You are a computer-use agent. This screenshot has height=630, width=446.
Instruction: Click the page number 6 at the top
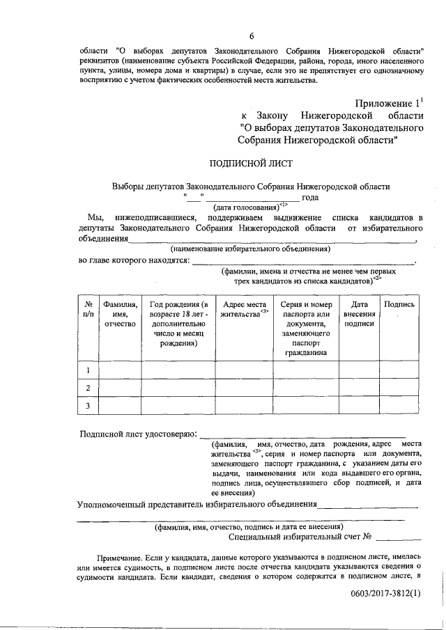coord(252,37)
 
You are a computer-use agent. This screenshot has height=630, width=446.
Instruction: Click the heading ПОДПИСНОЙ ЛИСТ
coord(252,164)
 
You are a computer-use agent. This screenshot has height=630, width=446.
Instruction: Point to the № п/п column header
coord(89,309)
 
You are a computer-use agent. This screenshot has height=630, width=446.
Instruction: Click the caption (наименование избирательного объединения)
coord(250,248)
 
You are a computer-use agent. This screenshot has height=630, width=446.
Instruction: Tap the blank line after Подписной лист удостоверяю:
coord(304,435)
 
